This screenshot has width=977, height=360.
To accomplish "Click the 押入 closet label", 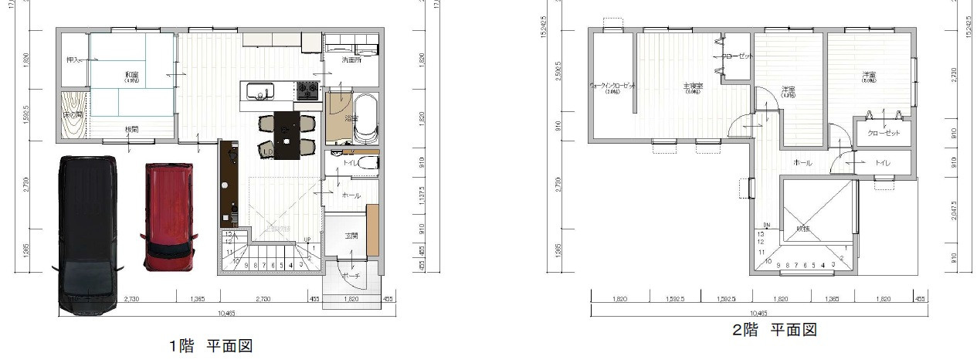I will tap(73, 59).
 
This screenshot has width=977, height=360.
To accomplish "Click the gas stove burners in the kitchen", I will tap(307, 92).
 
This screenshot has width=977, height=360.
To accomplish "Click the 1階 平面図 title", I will tap(211, 345).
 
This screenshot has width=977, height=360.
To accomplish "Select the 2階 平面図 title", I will tap(775, 330).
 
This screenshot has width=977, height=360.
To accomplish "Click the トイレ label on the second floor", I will tap(882, 163).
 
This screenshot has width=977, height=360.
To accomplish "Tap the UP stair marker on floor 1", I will tap(307, 239).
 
